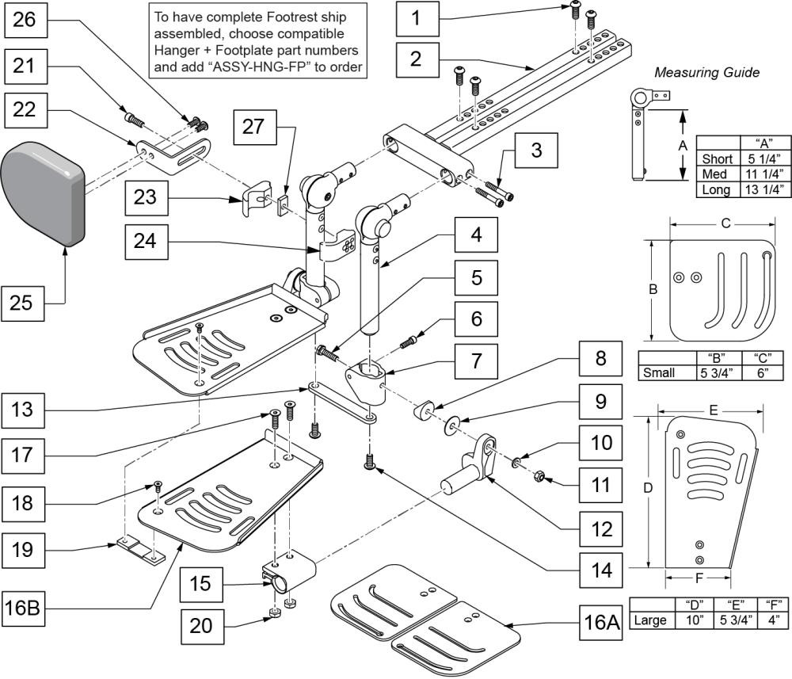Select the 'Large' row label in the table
pos(649,620)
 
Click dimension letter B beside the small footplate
pos(653,290)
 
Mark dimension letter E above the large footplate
pos(713,411)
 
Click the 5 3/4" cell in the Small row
pos(711,372)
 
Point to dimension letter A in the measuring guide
pos(681,147)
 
